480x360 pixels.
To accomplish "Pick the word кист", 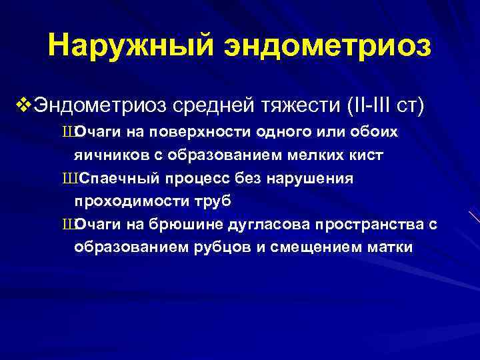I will pyautogui.click(x=366, y=156).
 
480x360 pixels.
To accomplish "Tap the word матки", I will pyautogui.click(x=390, y=248).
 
